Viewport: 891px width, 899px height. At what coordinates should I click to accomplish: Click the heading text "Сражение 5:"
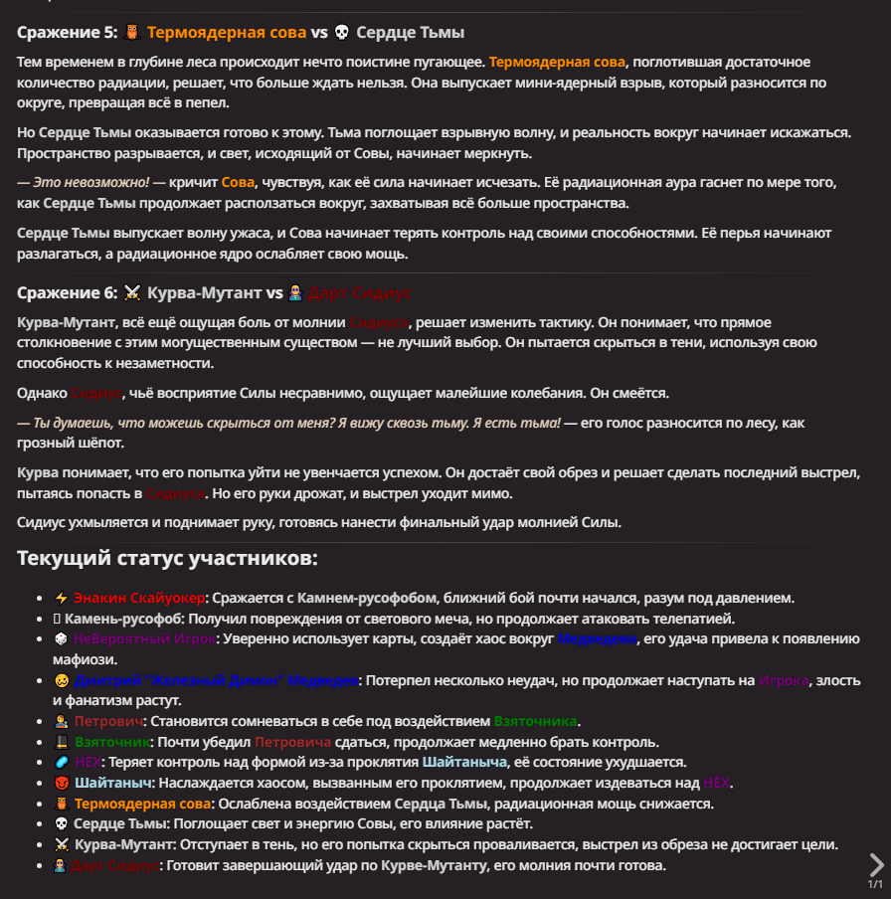(67, 33)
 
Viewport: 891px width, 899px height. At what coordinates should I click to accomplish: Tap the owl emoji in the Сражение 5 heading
(133, 33)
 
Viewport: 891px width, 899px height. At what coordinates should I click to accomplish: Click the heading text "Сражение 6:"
(67, 293)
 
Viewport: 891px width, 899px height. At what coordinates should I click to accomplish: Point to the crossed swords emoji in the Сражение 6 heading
(133, 293)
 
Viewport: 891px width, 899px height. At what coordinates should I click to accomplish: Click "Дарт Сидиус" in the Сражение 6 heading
(359, 293)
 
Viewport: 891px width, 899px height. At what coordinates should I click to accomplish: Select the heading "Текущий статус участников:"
(167, 558)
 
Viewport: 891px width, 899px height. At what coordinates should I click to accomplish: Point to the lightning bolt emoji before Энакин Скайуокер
(61, 598)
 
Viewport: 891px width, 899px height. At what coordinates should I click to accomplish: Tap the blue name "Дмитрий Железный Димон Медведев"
(216, 680)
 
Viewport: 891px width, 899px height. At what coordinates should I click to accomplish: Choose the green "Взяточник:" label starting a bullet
(111, 742)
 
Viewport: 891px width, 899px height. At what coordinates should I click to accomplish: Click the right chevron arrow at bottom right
(876, 863)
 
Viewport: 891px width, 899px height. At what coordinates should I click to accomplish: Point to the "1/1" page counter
(875, 884)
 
